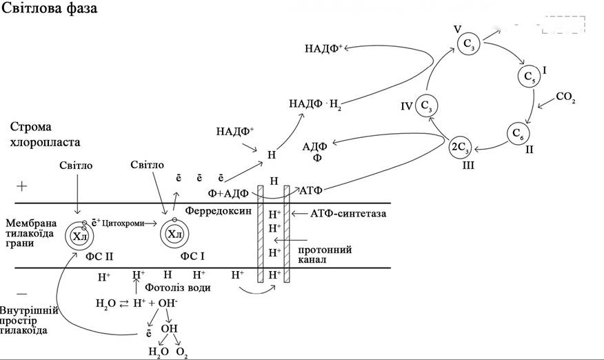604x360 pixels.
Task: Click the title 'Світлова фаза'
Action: (x=50, y=8)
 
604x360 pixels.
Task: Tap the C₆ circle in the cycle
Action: (x=518, y=134)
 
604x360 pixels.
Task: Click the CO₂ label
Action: (x=565, y=97)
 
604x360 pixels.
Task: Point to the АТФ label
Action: (x=311, y=190)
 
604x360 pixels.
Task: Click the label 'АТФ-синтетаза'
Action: (x=348, y=213)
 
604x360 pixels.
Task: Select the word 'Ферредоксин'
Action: (x=218, y=210)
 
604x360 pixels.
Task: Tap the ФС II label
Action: (x=99, y=256)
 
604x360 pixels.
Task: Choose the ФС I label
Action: (x=192, y=256)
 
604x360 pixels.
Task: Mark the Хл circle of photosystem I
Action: (x=175, y=234)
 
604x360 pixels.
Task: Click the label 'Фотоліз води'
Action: (x=178, y=288)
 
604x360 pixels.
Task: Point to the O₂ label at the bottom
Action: (x=182, y=352)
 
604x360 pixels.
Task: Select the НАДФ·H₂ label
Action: (x=315, y=104)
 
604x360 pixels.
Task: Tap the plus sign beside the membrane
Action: (x=22, y=187)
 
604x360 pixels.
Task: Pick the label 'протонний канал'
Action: (x=325, y=254)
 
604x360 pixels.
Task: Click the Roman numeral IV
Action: (x=407, y=106)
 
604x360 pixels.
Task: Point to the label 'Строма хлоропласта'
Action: (x=45, y=134)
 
